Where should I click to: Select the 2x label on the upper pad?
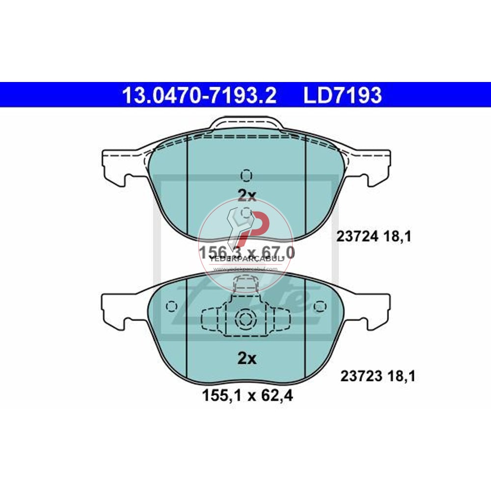click(247, 196)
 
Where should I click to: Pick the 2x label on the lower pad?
click(247, 359)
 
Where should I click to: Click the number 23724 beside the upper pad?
click(356, 237)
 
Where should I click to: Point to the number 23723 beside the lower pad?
click(361, 377)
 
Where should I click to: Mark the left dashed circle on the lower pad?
click(171, 306)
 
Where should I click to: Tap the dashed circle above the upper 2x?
click(247, 175)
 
